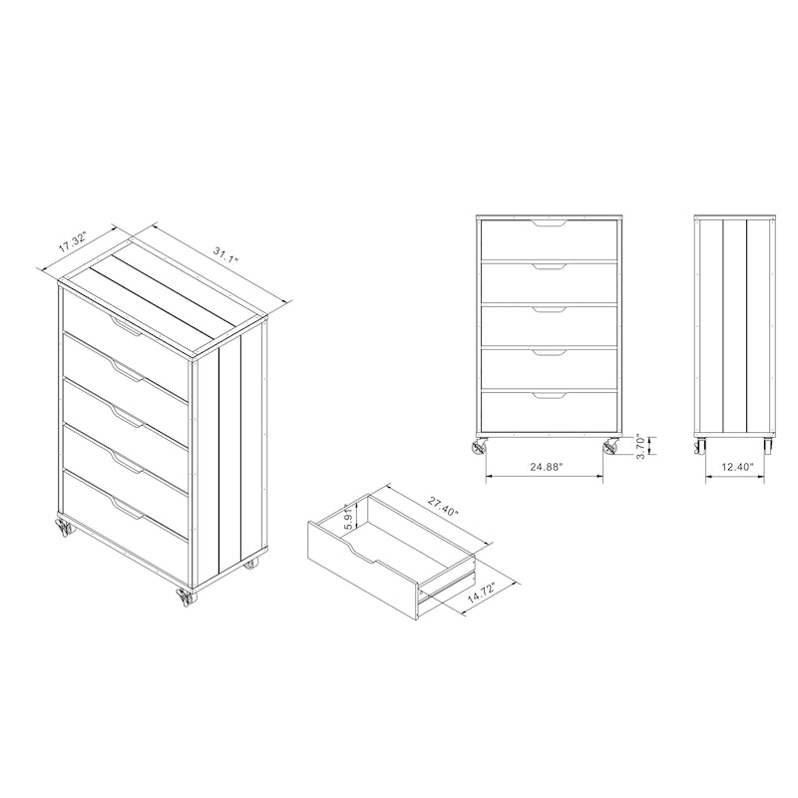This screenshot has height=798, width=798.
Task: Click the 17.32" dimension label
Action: pos(73,241)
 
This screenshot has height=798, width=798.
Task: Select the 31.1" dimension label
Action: pos(226,254)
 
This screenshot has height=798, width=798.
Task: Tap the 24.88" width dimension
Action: pos(546,467)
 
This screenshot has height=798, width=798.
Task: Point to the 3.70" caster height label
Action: pos(641,446)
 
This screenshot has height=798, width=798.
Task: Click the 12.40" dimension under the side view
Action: pos(736,467)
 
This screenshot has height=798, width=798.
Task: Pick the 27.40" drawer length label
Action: pos(443,507)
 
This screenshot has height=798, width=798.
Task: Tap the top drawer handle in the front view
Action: pos(549,223)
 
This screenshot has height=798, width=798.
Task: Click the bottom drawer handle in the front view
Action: pos(549,395)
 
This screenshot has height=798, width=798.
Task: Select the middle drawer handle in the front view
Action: pos(549,309)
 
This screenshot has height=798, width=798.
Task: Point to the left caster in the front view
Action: pos(480,446)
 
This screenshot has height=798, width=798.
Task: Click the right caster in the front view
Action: pos(610,446)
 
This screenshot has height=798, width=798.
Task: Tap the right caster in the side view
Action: pos(768,446)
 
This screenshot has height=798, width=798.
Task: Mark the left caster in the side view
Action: pos(700,446)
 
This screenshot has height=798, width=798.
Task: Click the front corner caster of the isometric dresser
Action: pos(185,598)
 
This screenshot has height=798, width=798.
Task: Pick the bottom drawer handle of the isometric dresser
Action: pos(126,509)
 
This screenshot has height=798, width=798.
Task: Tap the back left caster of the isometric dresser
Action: pos(65,528)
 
